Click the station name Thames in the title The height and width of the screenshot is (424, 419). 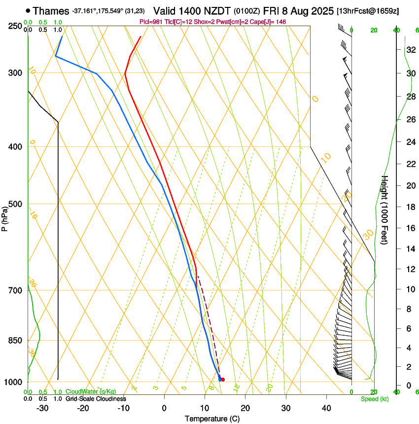point(51,10)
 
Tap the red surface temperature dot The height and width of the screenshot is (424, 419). point(223,380)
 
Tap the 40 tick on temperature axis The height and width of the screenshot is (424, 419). point(326,408)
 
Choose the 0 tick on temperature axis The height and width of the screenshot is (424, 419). point(164,408)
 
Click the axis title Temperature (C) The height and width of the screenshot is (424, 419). point(212,419)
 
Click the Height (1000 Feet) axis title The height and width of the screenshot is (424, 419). point(385,210)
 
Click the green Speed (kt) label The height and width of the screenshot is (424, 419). point(374,399)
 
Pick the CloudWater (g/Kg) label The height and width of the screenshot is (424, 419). point(91,392)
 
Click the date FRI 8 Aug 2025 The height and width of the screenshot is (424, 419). point(299,10)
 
